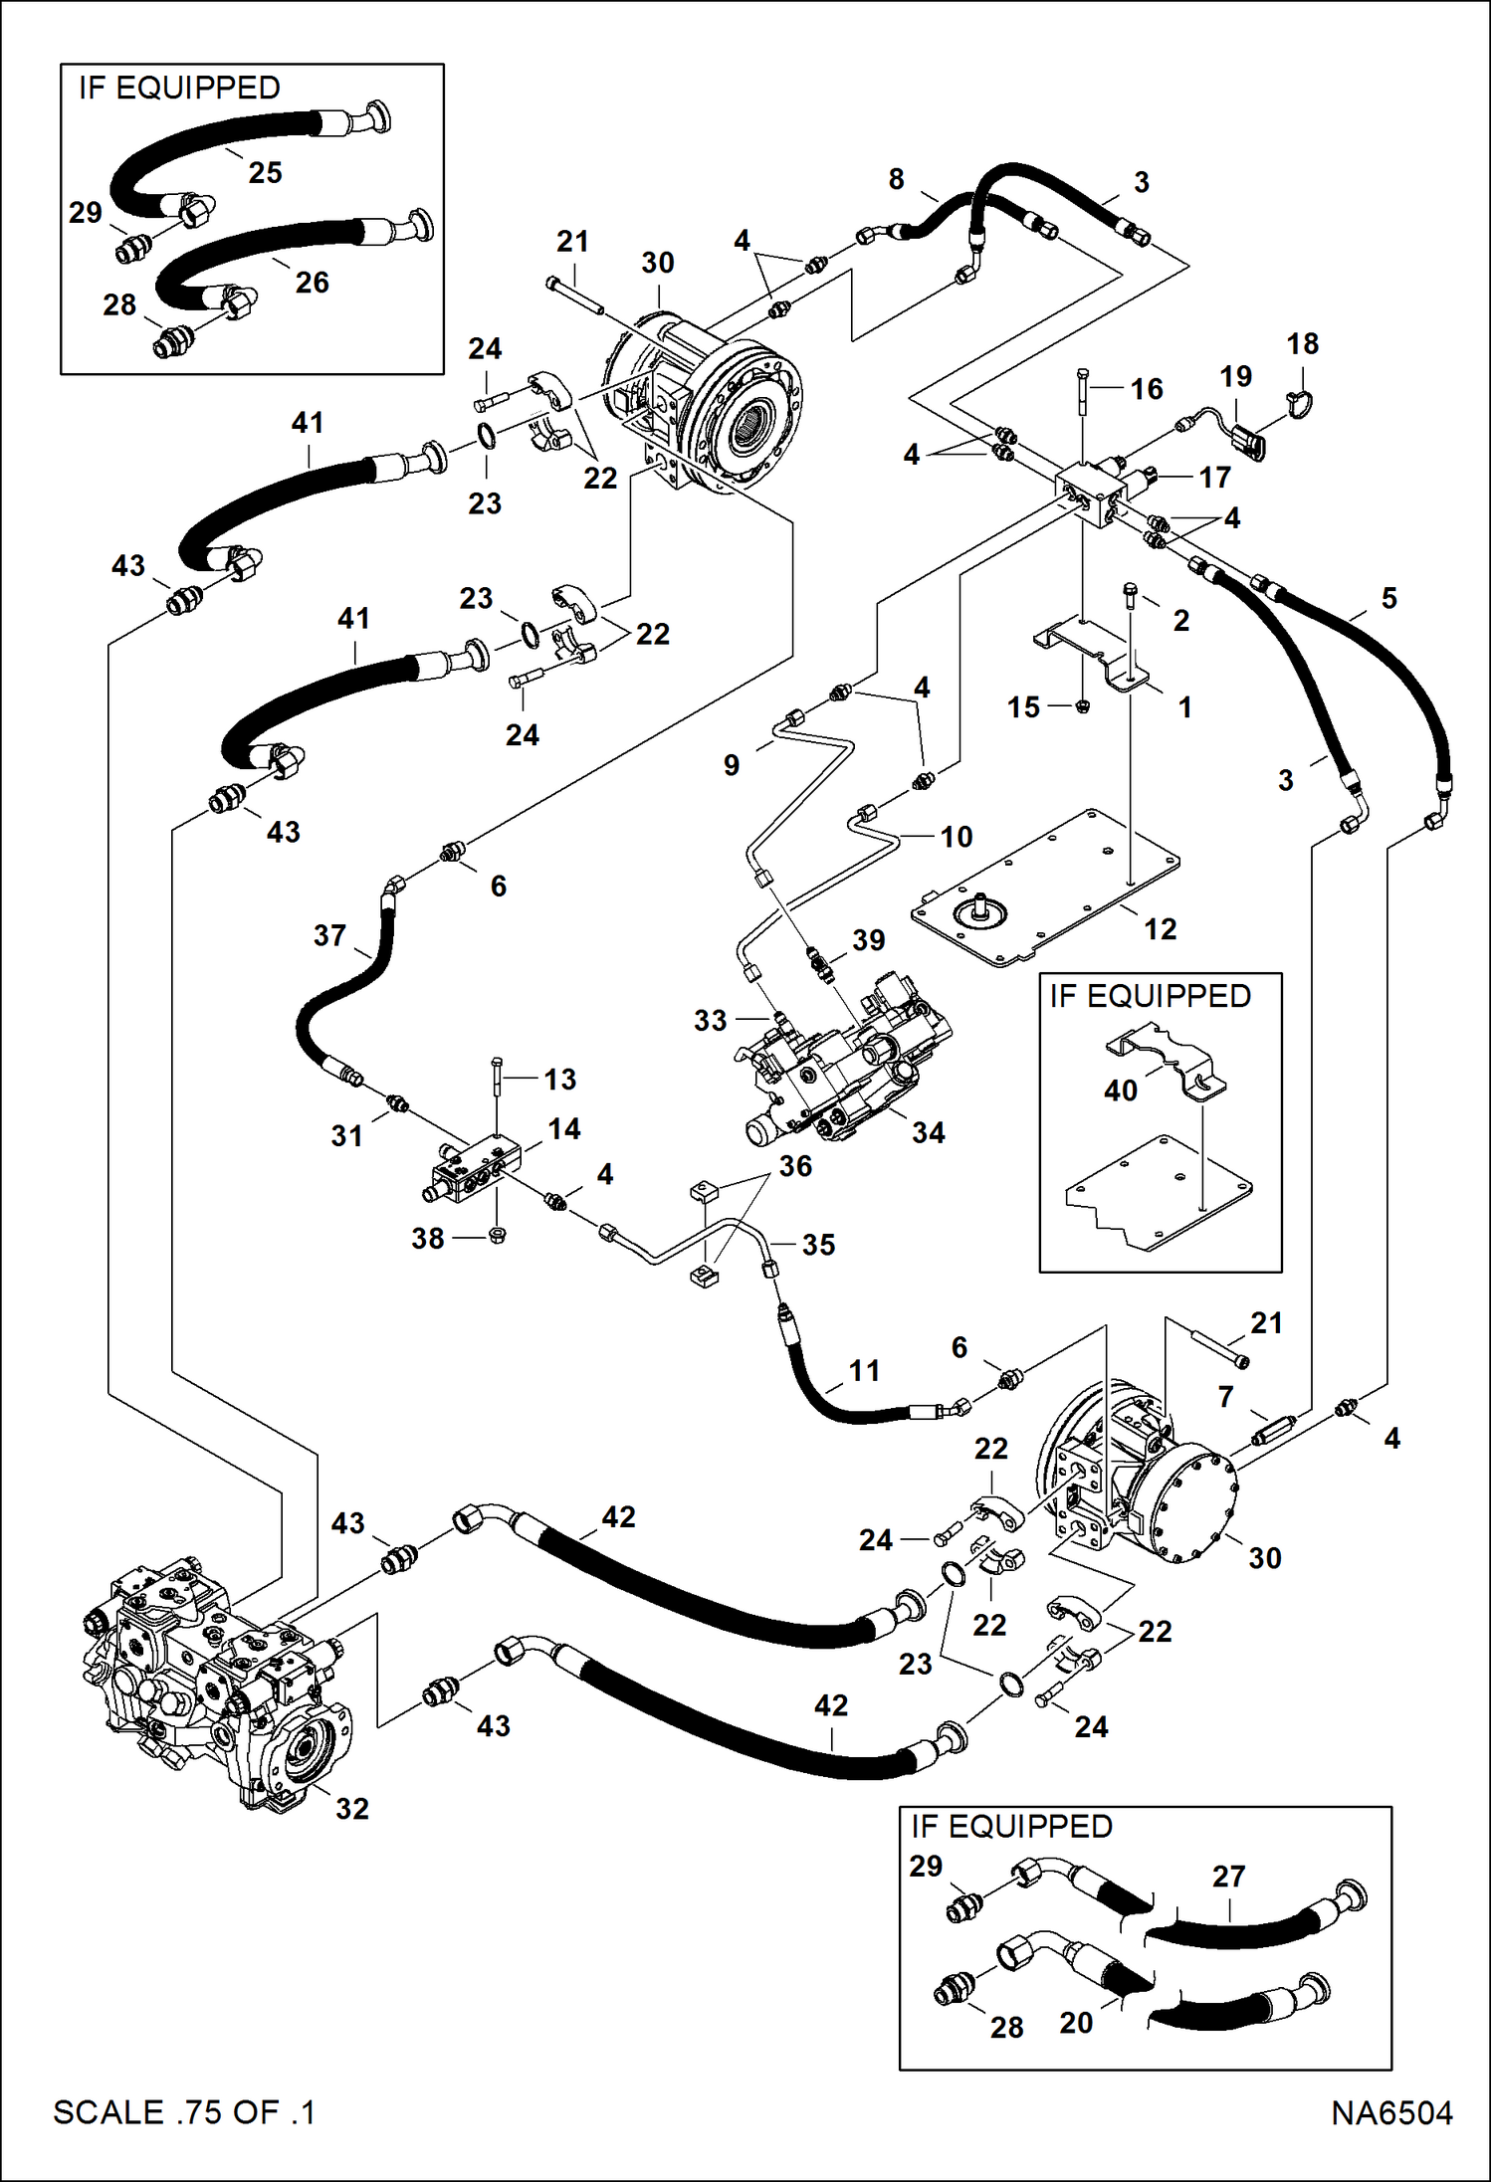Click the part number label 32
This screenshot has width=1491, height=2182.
coord(352,1808)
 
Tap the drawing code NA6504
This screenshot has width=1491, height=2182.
coord(1391,2112)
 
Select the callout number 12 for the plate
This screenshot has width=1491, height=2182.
coord(1160,929)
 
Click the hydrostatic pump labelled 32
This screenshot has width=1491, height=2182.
coord(214,1682)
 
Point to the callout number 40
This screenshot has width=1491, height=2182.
coord(1121,1091)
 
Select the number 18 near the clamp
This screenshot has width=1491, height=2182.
coord(1302,344)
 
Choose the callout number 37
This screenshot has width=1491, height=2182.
coord(329,935)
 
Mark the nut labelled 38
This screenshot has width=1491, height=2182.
coord(500,1236)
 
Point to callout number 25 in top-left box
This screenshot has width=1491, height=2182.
coord(265,172)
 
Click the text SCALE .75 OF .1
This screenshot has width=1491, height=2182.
coord(184,2112)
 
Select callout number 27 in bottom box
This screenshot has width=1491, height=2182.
coord(1228,1877)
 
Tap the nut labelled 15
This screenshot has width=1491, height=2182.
coord(1084,706)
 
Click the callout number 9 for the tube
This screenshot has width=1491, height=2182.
coord(732,765)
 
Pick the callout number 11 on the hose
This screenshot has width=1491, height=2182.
coord(864,1371)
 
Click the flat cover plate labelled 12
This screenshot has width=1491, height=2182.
coord(1045,886)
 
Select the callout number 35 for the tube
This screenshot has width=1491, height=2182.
coord(818,1245)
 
